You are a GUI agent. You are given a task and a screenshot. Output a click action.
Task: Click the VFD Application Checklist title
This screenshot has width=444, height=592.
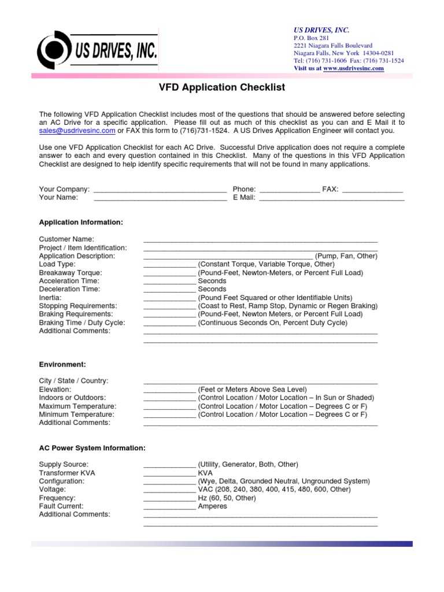pyautogui.click(x=222, y=88)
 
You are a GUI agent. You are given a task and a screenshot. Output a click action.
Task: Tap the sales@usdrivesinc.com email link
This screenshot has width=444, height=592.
pyautogui.click(x=77, y=131)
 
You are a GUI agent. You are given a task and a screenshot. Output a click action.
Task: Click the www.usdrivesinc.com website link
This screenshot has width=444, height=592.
pyautogui.click(x=353, y=68)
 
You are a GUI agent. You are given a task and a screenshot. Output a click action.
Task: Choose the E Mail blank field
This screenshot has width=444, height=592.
pyautogui.click(x=331, y=198)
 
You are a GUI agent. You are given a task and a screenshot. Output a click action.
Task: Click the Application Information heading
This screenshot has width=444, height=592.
pyautogui.click(x=80, y=222)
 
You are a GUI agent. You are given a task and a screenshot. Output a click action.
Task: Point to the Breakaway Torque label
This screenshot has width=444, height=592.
pyautogui.click(x=70, y=272)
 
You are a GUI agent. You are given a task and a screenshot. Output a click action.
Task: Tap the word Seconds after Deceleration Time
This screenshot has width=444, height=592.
pyautogui.click(x=212, y=289)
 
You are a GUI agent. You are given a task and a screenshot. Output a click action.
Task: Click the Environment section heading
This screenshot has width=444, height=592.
pyautogui.click(x=62, y=364)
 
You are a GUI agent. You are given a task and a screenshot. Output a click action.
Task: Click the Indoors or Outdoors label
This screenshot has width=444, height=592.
pyautogui.click(x=72, y=398)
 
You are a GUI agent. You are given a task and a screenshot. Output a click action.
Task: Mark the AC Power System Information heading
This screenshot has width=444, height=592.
pyautogui.click(x=92, y=448)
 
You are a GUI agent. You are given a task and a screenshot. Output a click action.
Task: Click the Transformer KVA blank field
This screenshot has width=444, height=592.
pyautogui.click(x=169, y=473)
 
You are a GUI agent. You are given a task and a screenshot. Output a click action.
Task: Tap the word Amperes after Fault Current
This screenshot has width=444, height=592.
pyautogui.click(x=212, y=506)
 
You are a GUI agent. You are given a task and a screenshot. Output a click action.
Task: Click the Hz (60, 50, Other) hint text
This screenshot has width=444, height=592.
pyautogui.click(x=227, y=498)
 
